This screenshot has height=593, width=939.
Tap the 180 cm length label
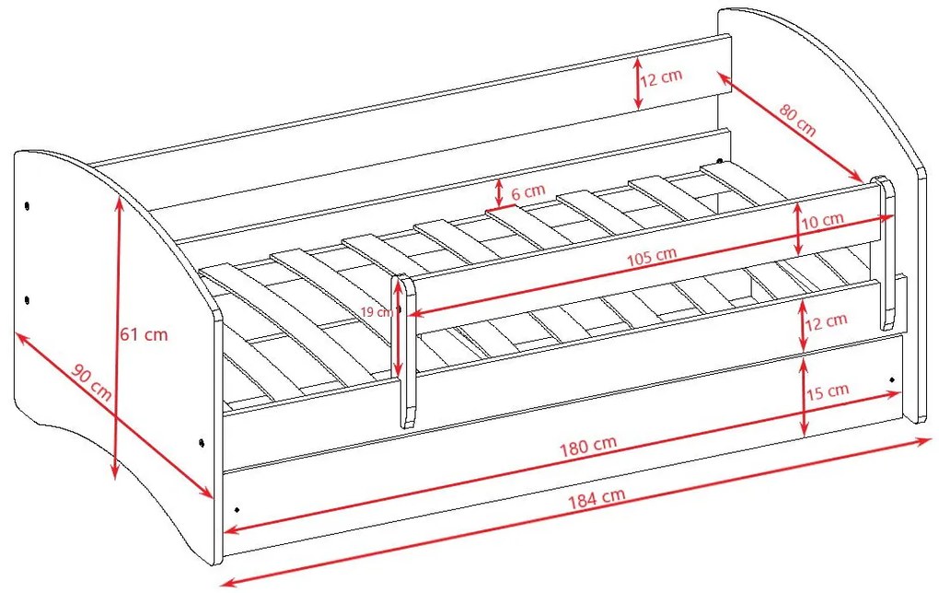click(588, 446)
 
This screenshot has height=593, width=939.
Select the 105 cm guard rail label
click(652, 256)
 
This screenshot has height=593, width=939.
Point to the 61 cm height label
click(144, 334)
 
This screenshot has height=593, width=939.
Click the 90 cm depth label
click(92, 381)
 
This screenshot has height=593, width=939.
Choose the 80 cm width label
click(797, 120)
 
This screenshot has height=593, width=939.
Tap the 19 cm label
click(377, 311)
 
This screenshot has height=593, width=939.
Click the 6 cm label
click(528, 192)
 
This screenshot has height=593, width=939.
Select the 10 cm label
click(823, 220)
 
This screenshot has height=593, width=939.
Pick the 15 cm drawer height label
click(828, 391)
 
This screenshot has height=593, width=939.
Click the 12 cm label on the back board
click(661, 78)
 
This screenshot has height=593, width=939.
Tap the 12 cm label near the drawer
click(826, 322)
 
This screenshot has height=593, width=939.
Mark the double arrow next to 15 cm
click(804, 396)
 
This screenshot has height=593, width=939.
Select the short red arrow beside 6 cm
click(499, 192)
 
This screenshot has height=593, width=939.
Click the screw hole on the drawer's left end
click(238, 509)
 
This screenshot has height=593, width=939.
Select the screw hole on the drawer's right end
click(892, 379)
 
